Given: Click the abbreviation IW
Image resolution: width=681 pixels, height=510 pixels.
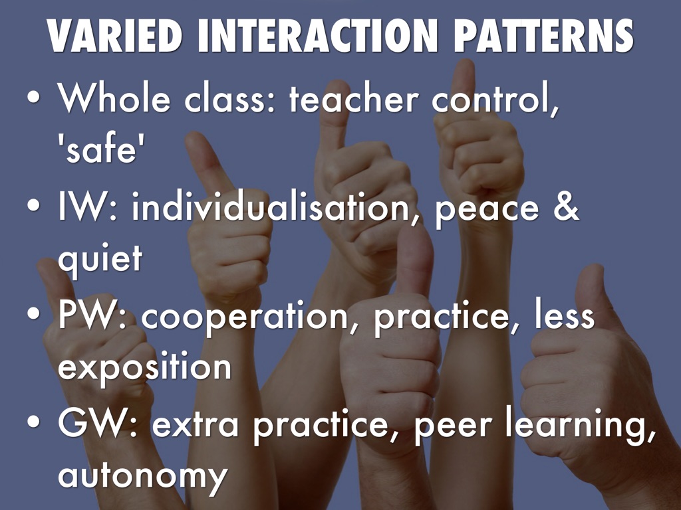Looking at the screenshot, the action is coord(83,208).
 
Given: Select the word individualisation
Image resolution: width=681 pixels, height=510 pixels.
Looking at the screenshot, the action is coord(271,208).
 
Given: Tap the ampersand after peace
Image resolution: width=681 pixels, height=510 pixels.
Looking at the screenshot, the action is coord(566,207).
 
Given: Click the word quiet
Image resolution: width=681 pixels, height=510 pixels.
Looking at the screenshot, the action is coord(100,260).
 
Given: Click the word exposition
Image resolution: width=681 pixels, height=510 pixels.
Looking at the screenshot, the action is coord(144,367).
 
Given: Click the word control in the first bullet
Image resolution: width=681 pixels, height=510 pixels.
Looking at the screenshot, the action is coord(492,100).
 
